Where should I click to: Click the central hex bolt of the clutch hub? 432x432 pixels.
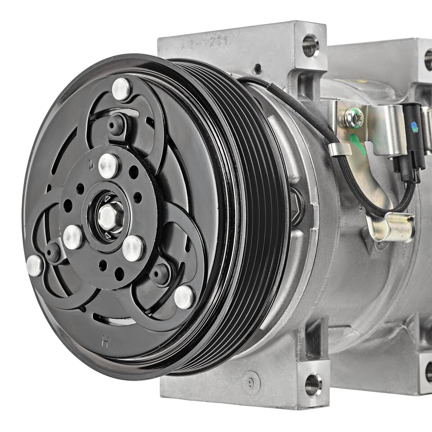click(x=107, y=216)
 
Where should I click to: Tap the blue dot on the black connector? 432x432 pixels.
click(x=414, y=126)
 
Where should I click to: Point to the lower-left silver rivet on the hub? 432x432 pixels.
click(x=73, y=237)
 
